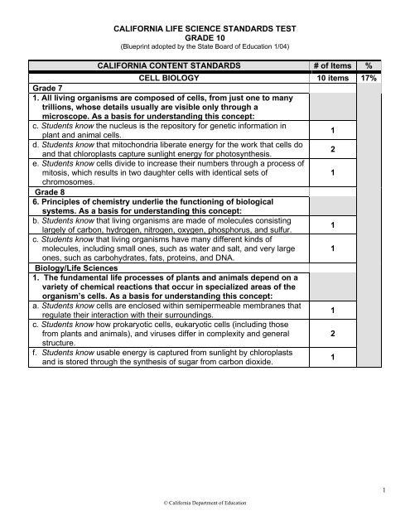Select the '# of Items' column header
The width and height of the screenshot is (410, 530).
pos(335,66)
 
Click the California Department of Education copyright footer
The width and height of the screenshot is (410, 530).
pos(204,502)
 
